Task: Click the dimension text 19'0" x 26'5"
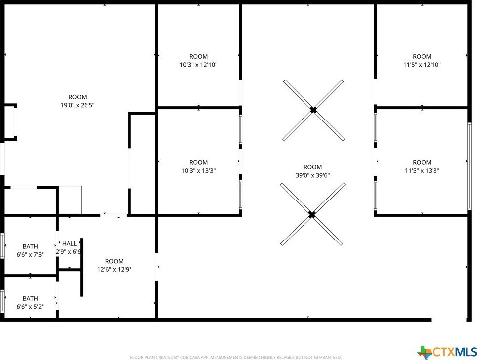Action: (78, 105)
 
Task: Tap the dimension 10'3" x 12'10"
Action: (199, 64)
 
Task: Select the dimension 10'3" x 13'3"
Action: (199, 171)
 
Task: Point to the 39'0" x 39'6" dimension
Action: (313, 175)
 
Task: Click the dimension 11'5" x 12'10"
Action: (422, 64)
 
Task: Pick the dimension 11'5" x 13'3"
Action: (422, 171)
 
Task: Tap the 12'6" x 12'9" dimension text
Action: (114, 269)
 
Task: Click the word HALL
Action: (70, 243)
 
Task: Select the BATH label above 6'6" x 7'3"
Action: (31, 247)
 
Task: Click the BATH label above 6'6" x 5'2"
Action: (31, 299)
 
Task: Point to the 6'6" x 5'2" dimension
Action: (30, 307)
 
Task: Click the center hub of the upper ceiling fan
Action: (313, 110)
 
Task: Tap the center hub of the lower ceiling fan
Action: (312, 215)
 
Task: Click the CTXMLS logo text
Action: (454, 352)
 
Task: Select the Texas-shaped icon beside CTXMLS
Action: (425, 352)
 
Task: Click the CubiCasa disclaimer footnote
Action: (236, 357)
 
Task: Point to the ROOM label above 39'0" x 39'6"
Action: (313, 167)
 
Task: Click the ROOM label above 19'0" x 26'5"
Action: (78, 97)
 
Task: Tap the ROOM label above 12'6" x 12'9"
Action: (114, 261)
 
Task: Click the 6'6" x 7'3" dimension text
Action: (30, 255)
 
